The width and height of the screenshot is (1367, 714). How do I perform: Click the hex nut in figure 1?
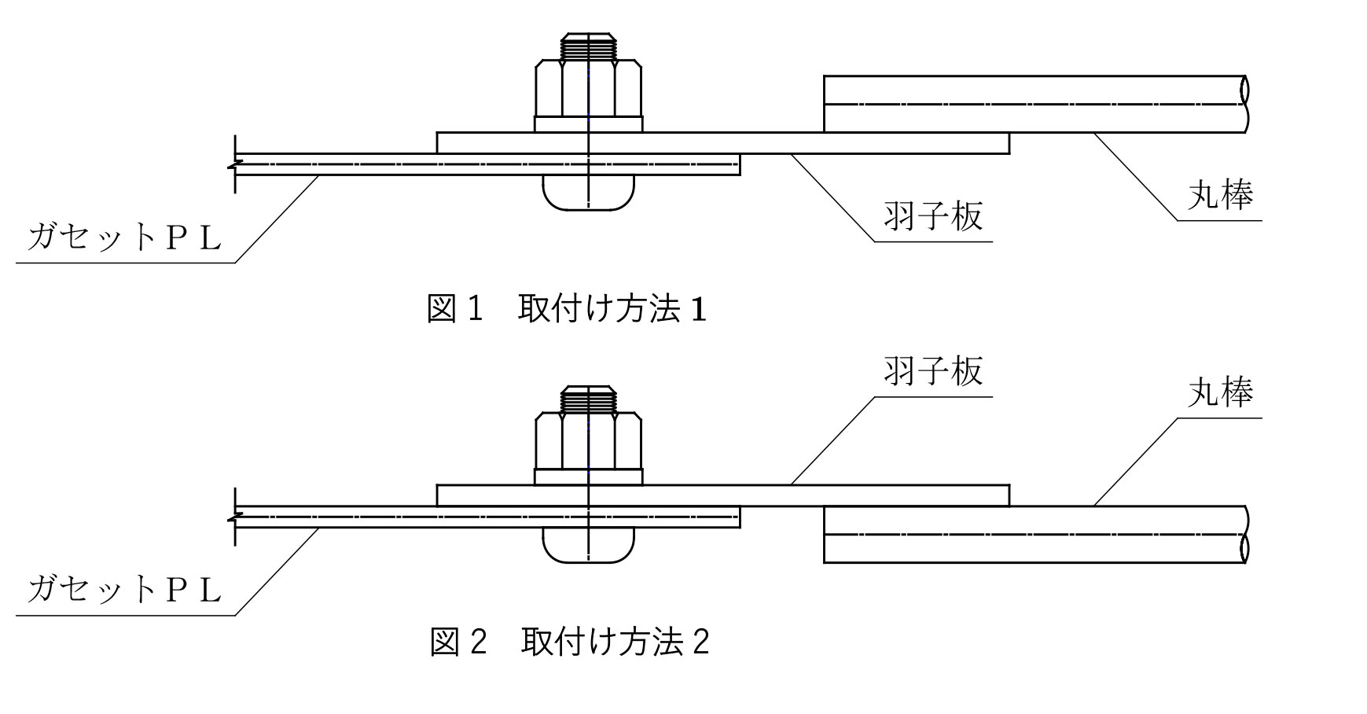click(588, 87)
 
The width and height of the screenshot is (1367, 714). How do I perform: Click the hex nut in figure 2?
click(588, 440)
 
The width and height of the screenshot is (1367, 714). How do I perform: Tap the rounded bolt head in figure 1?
click(588, 192)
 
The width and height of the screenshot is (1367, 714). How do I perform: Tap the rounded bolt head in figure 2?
click(588, 544)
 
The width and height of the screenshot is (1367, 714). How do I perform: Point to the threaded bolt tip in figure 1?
click(588, 46)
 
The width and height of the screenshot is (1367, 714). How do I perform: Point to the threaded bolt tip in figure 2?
click(588, 399)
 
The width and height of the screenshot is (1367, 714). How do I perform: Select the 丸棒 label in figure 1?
click(1219, 194)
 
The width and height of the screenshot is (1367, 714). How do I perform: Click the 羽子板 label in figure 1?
click(933, 215)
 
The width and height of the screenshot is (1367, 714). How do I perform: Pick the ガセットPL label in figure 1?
click(124, 237)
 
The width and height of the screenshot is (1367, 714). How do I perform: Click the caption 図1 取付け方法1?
click(566, 309)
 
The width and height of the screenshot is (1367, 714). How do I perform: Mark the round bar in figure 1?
click(1030, 104)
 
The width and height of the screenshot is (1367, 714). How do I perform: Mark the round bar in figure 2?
click(1030, 535)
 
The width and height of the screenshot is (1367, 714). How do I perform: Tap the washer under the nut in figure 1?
click(588, 123)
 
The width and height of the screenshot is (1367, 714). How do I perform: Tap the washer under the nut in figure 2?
click(588, 477)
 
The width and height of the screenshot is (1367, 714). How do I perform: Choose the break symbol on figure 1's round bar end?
click(1244, 104)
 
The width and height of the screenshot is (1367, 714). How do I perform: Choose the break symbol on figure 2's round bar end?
click(1244, 535)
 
